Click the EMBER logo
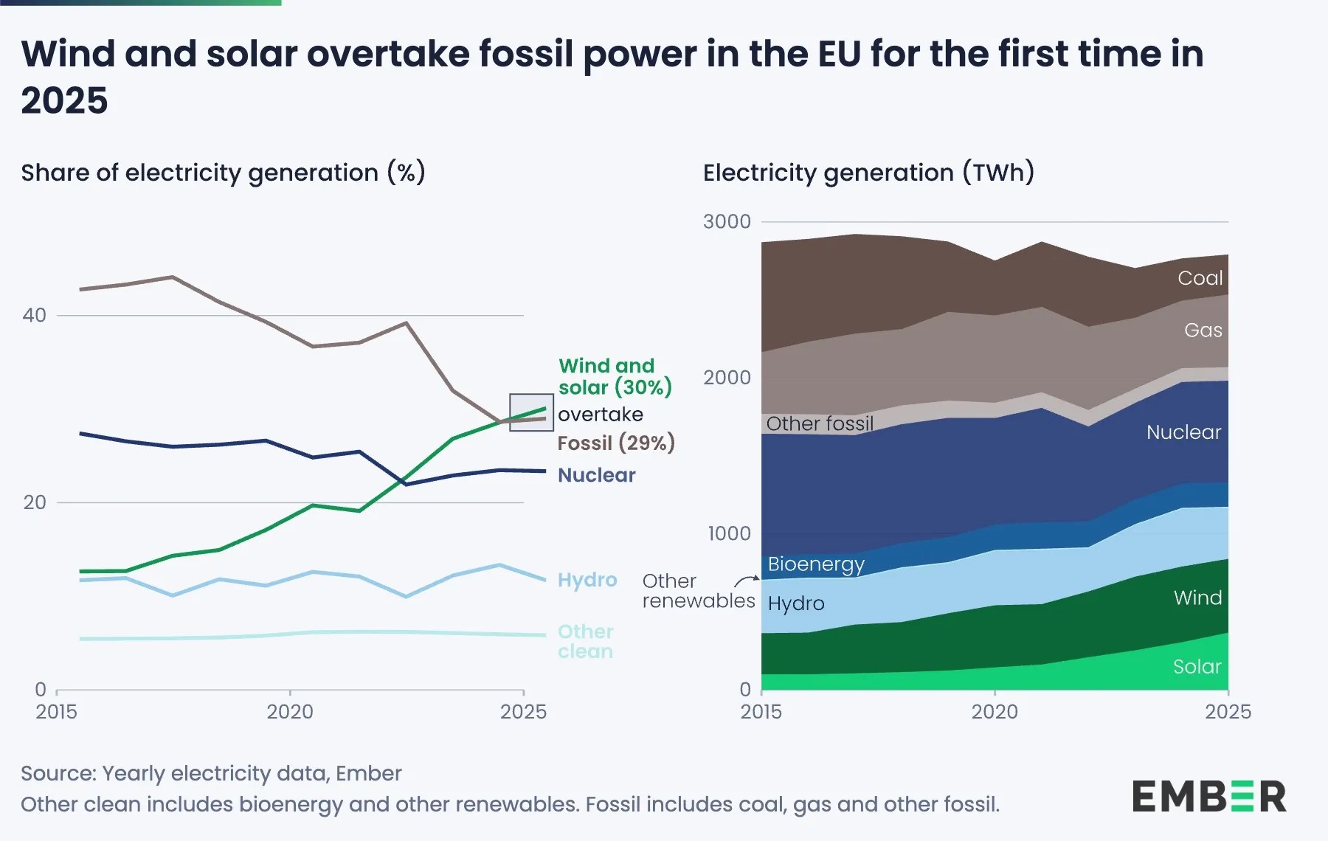tap(1208, 797)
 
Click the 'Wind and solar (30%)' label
tap(614, 376)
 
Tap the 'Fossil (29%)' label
tap(616, 443)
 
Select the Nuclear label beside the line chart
tap(596, 475)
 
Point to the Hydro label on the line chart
tap(587, 580)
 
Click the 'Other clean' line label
tap(585, 641)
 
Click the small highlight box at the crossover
tap(531, 412)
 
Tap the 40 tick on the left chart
tap(34, 315)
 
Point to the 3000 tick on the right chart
tap(727, 221)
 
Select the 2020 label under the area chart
tap(995, 712)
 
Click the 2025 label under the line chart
tap(523, 712)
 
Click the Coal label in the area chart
tap(1200, 278)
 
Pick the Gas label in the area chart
tap(1203, 330)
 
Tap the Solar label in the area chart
tap(1197, 667)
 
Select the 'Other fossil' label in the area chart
tap(819, 423)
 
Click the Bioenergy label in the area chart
tap(815, 564)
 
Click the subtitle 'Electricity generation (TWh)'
tap(868, 173)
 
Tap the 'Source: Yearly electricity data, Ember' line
tap(211, 773)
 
